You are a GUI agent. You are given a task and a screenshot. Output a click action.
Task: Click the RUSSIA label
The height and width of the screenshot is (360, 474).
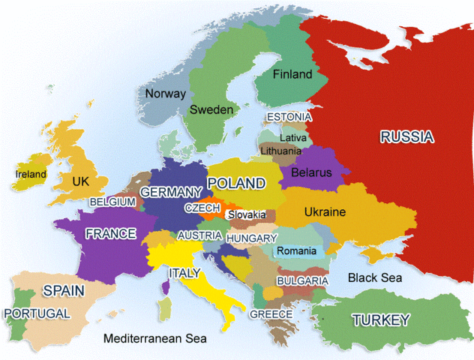tap(406, 136)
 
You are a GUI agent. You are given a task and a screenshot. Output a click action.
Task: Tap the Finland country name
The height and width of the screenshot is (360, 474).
tap(292, 75)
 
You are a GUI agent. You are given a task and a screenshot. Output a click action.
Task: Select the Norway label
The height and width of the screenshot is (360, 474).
tap(165, 94)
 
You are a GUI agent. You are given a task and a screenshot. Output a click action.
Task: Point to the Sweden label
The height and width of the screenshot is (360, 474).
tap(211, 109)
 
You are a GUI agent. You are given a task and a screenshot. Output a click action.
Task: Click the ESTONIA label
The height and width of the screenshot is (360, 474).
tap(289, 118)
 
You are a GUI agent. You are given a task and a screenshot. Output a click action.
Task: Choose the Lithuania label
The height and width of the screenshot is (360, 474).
tap(280, 151)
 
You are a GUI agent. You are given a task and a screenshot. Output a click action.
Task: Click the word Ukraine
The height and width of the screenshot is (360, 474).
tap(325, 212)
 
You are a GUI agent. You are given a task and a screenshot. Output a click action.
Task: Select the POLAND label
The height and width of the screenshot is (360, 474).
tap(236, 183)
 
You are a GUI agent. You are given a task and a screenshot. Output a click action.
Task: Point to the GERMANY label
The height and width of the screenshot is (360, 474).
tap(172, 193)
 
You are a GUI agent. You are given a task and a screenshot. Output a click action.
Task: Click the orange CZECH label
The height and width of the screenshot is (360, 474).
tap(202, 208)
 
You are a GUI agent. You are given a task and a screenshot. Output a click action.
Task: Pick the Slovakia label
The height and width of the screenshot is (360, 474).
tap(247, 214)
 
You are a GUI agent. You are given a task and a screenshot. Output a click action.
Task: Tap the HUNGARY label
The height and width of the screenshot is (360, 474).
tap(251, 238)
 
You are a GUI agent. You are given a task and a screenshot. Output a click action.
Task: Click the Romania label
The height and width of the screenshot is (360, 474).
tap(297, 250)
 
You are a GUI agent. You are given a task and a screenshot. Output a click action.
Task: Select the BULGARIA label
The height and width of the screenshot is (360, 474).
tap(302, 280)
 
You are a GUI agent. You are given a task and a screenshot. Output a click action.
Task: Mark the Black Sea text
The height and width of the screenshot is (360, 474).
tap(375, 277)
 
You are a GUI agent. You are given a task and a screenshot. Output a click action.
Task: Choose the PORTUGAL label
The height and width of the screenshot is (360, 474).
tap(37, 313)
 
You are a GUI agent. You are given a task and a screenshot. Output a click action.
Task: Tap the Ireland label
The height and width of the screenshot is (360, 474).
tap(31, 175)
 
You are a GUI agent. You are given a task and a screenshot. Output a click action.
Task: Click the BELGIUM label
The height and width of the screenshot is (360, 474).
tap(112, 202)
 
